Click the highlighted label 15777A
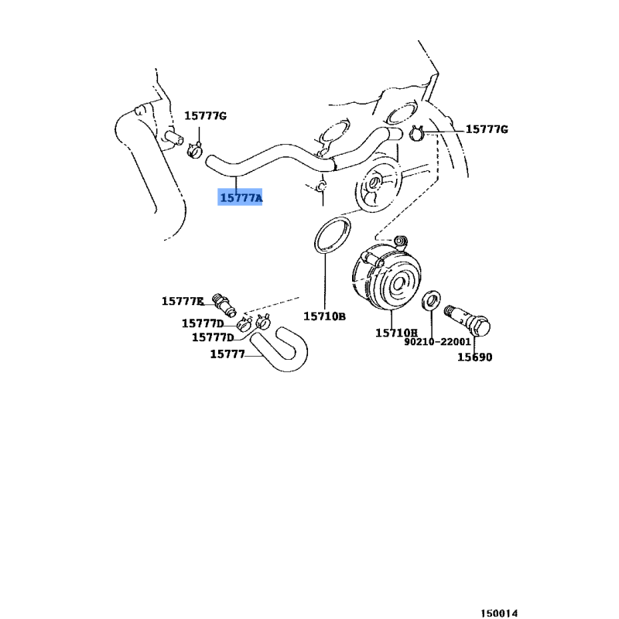tap(241, 197)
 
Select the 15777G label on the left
tap(206, 115)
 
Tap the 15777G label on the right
tap(487, 129)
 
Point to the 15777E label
tap(183, 301)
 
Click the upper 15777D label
tap(203, 323)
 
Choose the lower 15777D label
tap(213, 337)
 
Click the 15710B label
tap(324, 316)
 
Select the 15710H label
tap(396, 333)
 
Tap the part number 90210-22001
tap(437, 341)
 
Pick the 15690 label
tap(475, 357)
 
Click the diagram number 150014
tap(499, 613)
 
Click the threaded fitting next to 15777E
tap(224, 305)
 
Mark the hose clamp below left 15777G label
tap(195, 149)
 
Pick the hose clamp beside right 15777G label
tap(416, 133)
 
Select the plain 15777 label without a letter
tap(227, 354)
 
